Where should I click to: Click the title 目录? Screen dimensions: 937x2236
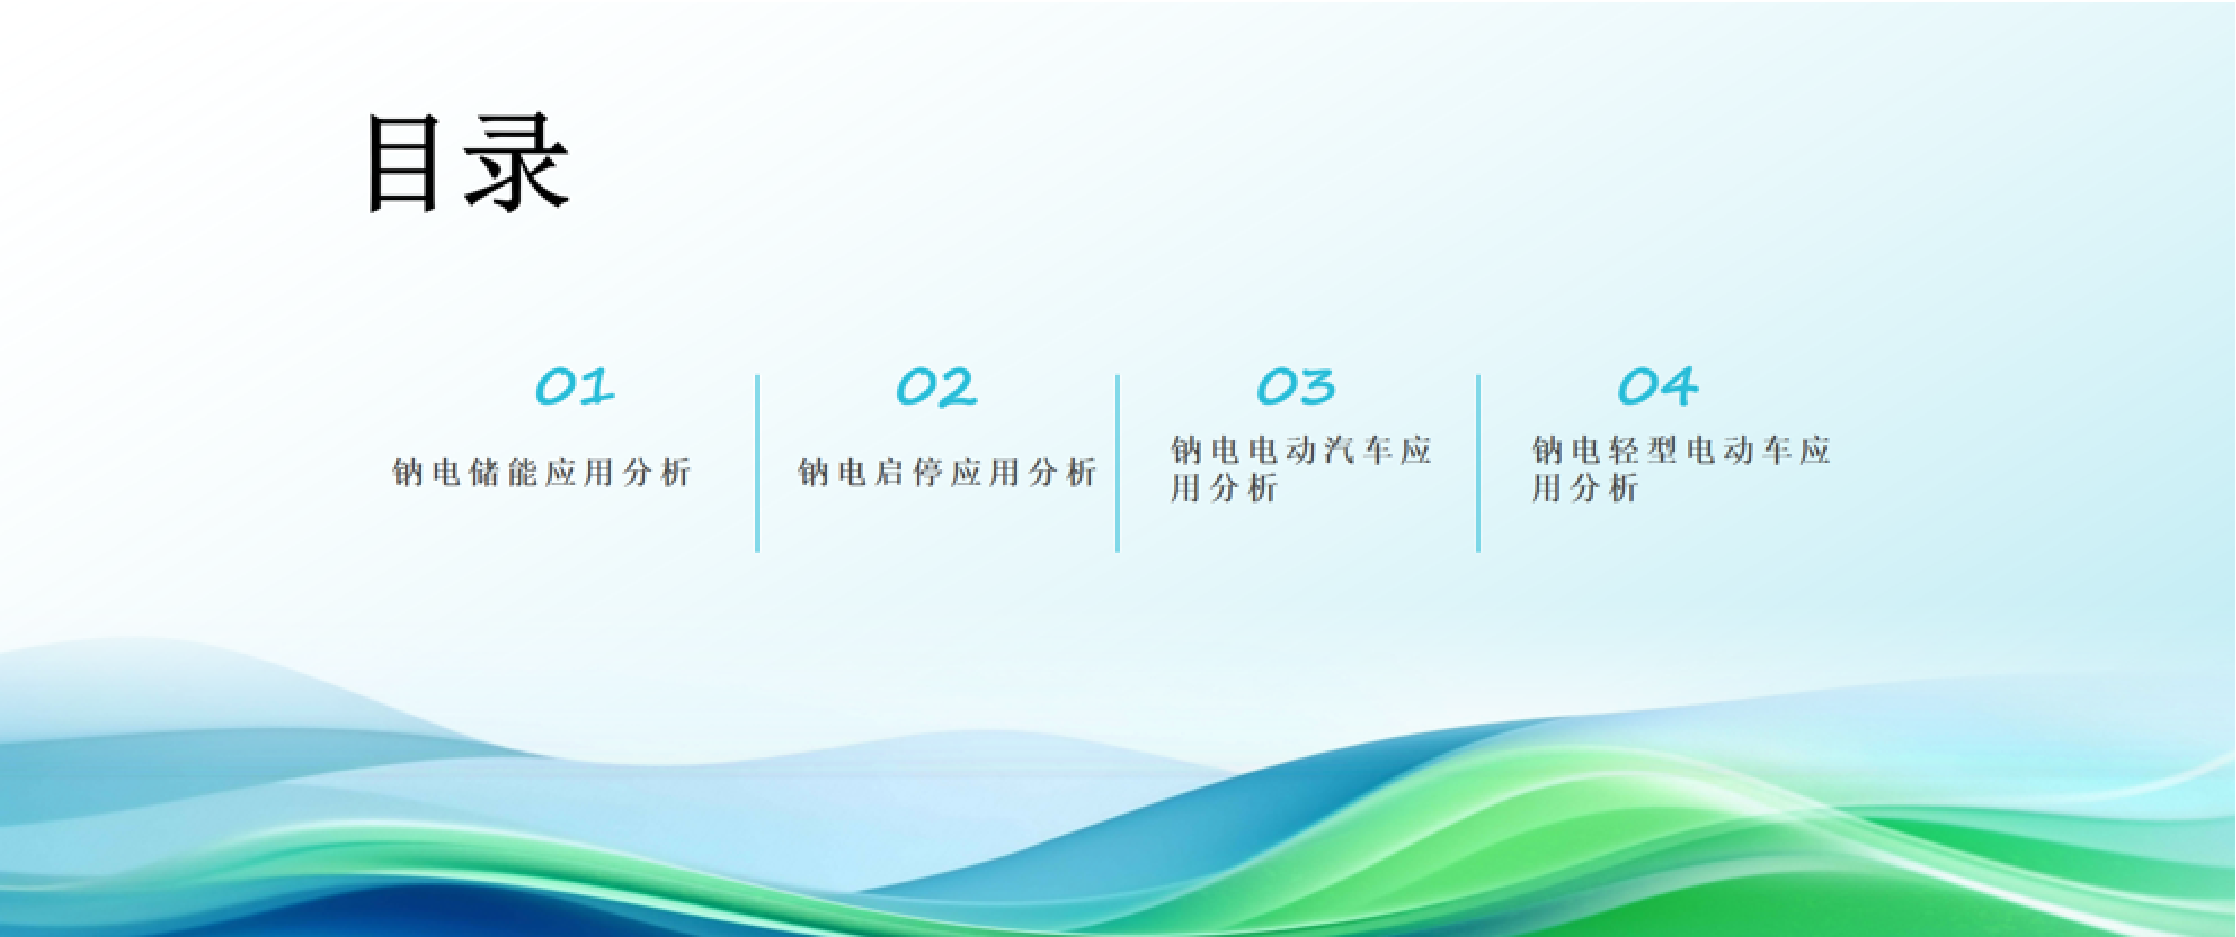[x=467, y=163]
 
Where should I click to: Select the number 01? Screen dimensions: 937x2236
[x=575, y=386]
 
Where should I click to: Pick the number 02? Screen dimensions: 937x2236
[x=936, y=386]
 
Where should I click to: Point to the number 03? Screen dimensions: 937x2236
[x=1296, y=386]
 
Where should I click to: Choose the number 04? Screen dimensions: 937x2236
[x=1657, y=386]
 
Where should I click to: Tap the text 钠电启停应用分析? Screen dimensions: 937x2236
[x=947, y=473]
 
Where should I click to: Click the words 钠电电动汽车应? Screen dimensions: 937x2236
[x=1300, y=450]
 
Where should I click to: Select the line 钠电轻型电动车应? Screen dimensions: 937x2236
[x=1680, y=450]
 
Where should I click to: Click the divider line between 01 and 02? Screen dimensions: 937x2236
[x=757, y=463]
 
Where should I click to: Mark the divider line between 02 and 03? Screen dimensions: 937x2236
[x=1117, y=463]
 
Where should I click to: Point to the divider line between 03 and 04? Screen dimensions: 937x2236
[x=1477, y=463]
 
